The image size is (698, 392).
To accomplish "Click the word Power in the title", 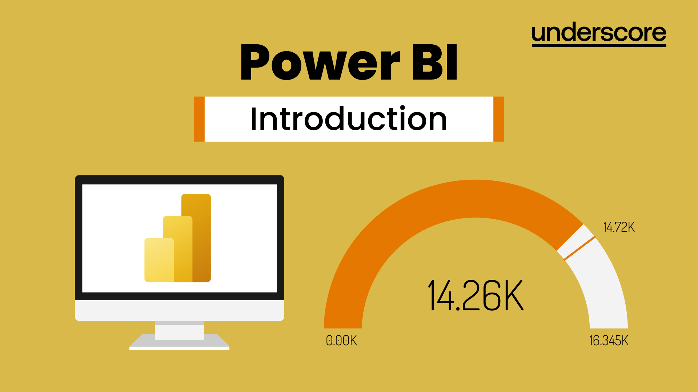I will (320, 62).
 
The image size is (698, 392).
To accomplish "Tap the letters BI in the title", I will (435, 62).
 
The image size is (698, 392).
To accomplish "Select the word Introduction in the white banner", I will (349, 119).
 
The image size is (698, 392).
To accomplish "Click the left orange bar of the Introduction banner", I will (199, 119).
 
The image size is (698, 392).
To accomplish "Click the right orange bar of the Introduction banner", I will (498, 119).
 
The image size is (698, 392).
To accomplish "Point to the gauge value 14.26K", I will (476, 295).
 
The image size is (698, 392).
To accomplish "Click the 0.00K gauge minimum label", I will (341, 340).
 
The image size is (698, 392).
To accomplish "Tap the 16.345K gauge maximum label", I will (609, 340).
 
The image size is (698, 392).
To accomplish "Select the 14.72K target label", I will (619, 227).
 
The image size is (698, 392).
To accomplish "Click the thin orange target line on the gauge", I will (579, 248).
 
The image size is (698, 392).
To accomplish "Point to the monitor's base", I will (180, 343).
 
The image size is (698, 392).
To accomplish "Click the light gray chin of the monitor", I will (180, 310).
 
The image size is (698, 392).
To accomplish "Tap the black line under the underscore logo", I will (598, 45).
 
